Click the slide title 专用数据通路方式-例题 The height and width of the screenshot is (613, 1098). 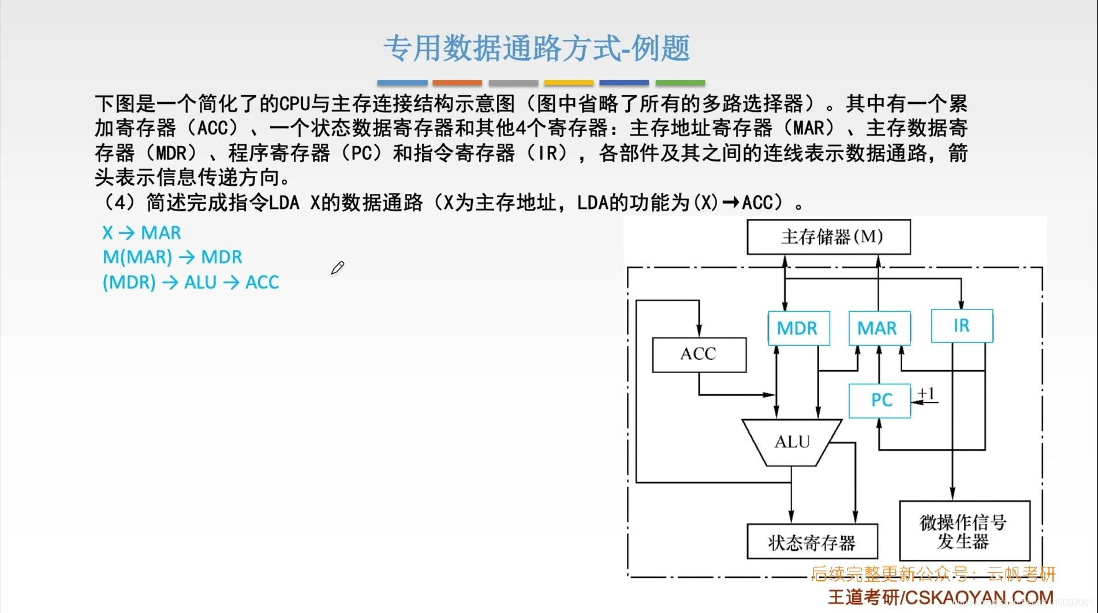[x=537, y=48]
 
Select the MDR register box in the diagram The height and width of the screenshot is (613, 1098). [x=798, y=328]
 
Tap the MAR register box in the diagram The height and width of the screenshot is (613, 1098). [x=879, y=328]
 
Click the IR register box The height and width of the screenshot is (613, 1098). [x=962, y=326]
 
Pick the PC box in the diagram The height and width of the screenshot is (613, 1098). [x=880, y=400]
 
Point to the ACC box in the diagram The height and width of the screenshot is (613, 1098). [x=699, y=354]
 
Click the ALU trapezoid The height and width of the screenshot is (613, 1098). [x=792, y=442]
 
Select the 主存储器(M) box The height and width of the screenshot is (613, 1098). [x=828, y=237]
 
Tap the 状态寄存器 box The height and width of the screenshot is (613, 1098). [x=812, y=542]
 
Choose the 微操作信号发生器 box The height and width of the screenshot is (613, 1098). [x=964, y=531]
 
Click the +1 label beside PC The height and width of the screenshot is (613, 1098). [x=926, y=394]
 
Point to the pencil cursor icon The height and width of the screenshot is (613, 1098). [x=338, y=268]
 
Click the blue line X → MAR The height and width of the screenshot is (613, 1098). [x=141, y=233]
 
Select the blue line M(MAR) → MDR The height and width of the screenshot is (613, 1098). [x=172, y=257]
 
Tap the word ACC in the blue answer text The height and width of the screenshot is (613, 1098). [x=262, y=282]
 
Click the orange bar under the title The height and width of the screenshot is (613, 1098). [x=457, y=83]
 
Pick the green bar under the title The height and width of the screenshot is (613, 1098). [x=680, y=83]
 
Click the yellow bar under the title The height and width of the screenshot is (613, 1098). [x=569, y=83]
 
